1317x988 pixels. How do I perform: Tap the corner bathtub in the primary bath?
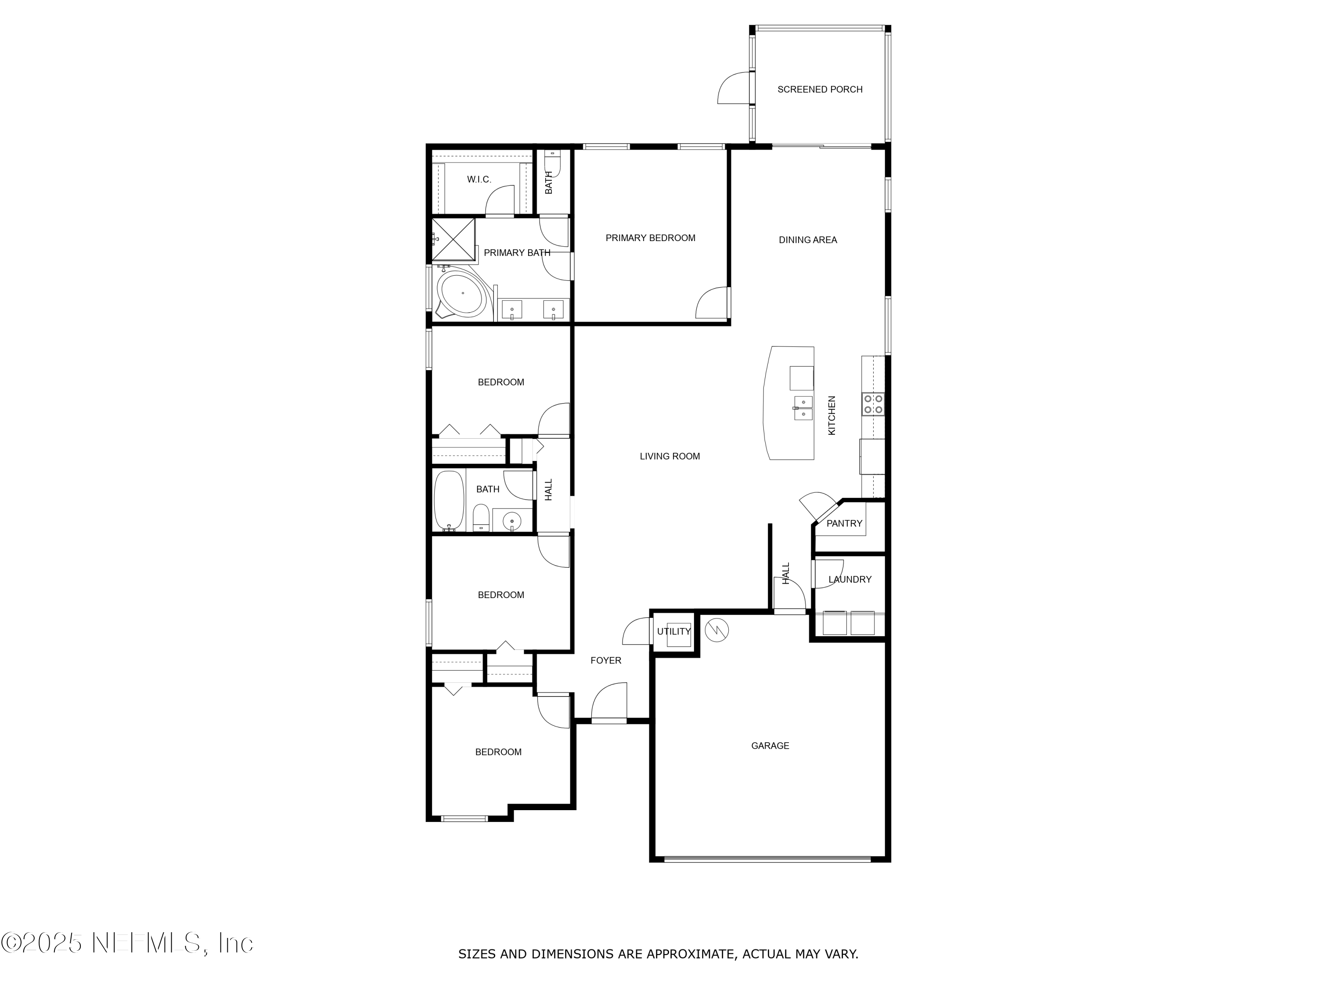(x=461, y=293)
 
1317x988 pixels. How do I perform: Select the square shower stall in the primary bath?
(x=453, y=240)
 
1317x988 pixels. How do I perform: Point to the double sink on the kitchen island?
(x=803, y=408)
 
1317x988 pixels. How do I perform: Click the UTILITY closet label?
(x=673, y=631)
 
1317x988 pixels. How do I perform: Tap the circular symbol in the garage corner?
(x=717, y=630)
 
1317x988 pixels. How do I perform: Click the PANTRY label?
(x=844, y=523)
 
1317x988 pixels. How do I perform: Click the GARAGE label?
(x=770, y=746)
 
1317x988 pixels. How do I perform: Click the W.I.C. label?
(x=479, y=179)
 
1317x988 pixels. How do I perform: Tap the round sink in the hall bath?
(x=511, y=522)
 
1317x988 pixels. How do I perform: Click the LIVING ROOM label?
(x=669, y=456)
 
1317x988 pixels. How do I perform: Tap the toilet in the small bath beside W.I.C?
(x=552, y=161)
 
